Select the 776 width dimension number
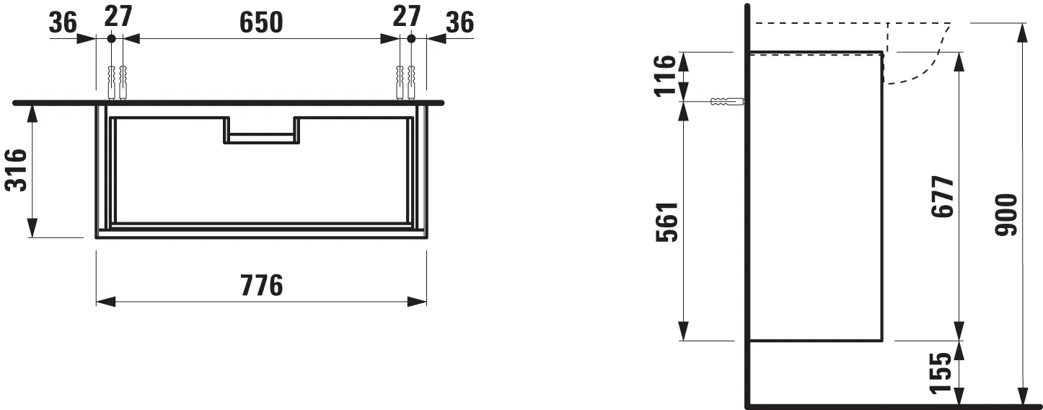click(260, 286)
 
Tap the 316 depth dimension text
click(17, 170)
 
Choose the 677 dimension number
click(942, 196)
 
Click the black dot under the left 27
click(110, 39)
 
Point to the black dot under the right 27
click(410, 39)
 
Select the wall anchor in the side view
click(724, 102)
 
